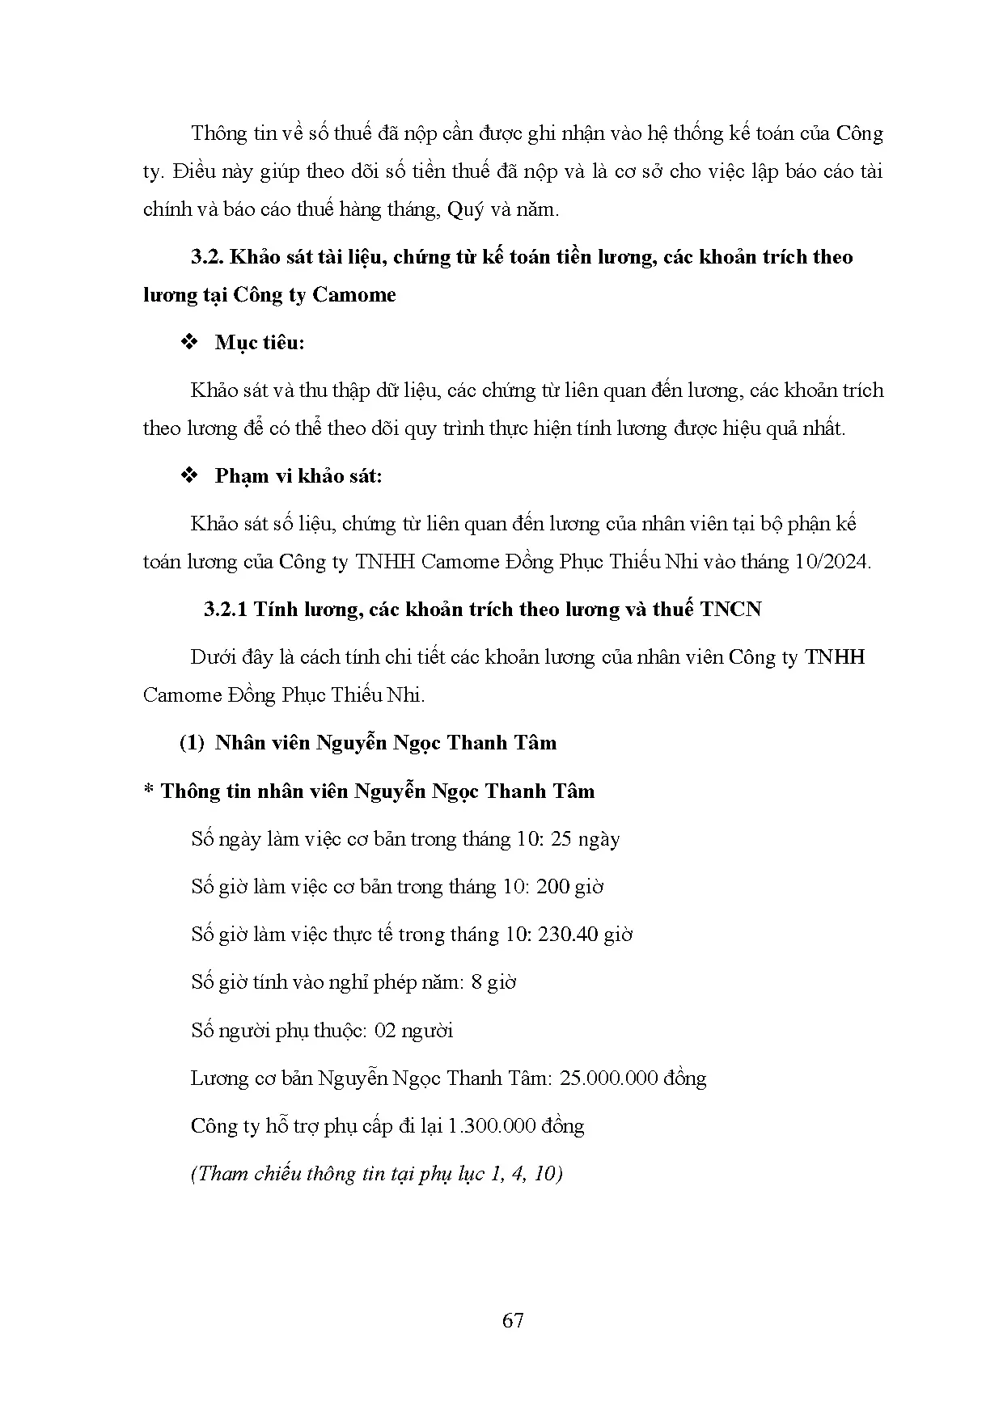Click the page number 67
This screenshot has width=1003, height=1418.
click(x=513, y=1321)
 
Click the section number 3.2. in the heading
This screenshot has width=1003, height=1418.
click(x=208, y=257)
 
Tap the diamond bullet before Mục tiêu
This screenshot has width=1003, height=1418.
click(x=190, y=343)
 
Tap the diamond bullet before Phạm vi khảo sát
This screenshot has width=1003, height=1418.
click(x=190, y=476)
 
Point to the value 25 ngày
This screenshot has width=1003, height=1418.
click(x=585, y=839)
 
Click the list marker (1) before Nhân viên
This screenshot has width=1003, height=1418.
click(x=192, y=743)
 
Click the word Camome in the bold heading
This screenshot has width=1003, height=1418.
click(x=354, y=295)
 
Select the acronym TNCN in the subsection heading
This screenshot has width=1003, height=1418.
click(x=731, y=610)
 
